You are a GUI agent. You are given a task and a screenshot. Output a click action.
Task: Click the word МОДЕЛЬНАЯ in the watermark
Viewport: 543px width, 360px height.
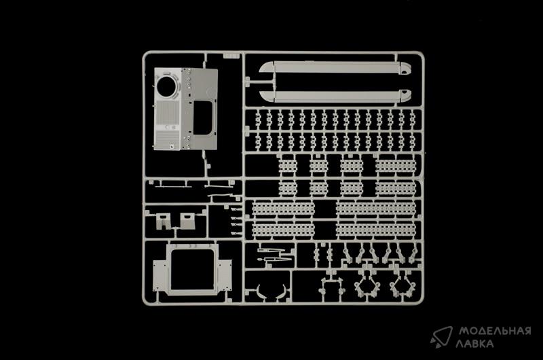pyautogui.click(x=495, y=331)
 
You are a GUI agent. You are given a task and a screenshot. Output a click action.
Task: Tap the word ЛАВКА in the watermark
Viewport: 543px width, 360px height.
pyautogui.click(x=474, y=344)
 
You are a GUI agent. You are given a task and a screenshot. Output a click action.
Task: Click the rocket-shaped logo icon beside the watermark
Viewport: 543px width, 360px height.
pyautogui.click(x=442, y=336)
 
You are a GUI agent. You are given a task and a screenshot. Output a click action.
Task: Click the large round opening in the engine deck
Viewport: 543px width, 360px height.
pyautogui.click(x=166, y=86)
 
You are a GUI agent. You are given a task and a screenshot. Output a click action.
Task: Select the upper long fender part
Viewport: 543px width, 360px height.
pyautogui.click(x=335, y=67)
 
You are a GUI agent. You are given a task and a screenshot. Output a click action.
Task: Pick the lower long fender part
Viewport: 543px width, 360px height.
pyautogui.click(x=335, y=96)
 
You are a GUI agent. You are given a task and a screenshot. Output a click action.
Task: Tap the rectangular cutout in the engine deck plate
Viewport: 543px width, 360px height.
pyautogui.click(x=202, y=118)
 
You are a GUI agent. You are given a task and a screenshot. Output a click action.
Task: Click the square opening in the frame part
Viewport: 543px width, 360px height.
pyautogui.click(x=192, y=270)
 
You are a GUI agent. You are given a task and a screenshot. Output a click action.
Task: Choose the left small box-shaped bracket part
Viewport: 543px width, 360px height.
pyautogui.click(x=163, y=221)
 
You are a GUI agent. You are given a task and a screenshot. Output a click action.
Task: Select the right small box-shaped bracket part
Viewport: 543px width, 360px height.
pyautogui.click(x=188, y=221)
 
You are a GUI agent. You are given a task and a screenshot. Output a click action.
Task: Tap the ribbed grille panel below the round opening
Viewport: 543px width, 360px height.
pyautogui.click(x=167, y=113)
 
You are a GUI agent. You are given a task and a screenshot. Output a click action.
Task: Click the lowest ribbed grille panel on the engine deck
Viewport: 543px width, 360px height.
pyautogui.click(x=167, y=140)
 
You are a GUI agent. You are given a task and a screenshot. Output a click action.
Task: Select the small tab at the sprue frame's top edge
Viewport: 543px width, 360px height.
pyautogui.click(x=231, y=56)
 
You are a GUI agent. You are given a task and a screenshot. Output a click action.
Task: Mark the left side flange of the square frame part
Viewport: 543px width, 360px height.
pyautogui.click(x=160, y=276)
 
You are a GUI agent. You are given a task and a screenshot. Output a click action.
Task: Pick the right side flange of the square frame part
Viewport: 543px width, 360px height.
pyautogui.click(x=225, y=276)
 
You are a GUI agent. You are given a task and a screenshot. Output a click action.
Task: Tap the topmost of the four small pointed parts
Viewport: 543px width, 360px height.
pyautogui.click(x=236, y=209)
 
